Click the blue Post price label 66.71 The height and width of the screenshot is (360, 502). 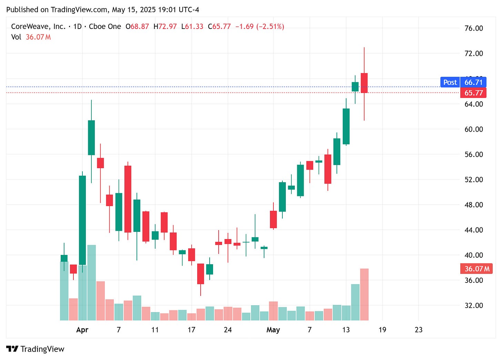point(473,82)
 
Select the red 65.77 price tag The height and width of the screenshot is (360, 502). point(473,93)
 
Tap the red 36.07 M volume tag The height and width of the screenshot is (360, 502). point(476,269)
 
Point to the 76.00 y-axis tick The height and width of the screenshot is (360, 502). point(474,28)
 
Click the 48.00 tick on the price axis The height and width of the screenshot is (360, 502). point(474,205)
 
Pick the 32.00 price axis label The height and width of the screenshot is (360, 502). point(474,305)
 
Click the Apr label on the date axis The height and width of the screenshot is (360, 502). point(82,330)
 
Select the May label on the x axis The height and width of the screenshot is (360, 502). point(273,330)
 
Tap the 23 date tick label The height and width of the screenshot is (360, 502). point(419,330)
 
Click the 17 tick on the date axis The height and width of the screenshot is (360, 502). point(191,330)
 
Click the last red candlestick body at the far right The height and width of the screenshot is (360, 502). point(364,83)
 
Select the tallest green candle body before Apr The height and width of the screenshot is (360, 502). point(82,220)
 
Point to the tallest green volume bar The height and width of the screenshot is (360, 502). point(91,282)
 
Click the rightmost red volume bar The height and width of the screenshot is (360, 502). point(364,294)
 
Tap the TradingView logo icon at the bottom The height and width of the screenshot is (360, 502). point(12,349)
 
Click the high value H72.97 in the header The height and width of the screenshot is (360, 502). point(165,27)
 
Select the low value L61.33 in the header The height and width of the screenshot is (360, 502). point(192,27)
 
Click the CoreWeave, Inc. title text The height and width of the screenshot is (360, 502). point(38,27)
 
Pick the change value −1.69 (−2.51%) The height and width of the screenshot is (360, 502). point(260,27)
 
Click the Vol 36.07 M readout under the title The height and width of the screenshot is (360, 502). point(31,37)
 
